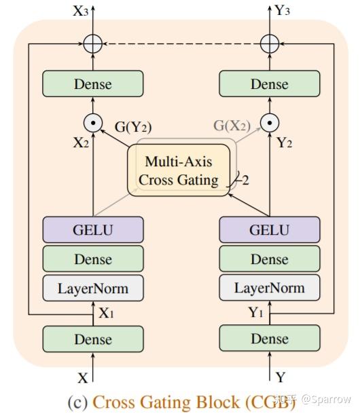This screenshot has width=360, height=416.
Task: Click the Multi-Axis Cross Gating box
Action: tap(179, 170)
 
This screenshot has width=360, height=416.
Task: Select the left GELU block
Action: tap(93, 229)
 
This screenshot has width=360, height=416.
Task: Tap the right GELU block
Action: tap(269, 229)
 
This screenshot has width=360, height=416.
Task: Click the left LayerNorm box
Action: tap(93, 288)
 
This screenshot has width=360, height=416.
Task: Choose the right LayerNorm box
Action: tap(269, 288)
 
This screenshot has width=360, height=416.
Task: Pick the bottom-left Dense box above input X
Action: tap(93, 339)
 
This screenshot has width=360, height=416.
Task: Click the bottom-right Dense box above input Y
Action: tap(269, 339)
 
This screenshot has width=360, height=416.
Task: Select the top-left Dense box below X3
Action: tap(93, 84)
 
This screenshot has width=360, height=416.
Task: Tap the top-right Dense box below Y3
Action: tap(269, 84)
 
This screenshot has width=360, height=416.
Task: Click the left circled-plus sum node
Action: tap(93, 44)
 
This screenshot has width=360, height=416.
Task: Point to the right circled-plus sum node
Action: tap(270, 44)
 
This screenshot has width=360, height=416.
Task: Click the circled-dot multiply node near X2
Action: tap(93, 123)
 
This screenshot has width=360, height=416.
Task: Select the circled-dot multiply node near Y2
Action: tap(270, 123)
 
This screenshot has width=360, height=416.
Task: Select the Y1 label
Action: tap(255, 313)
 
